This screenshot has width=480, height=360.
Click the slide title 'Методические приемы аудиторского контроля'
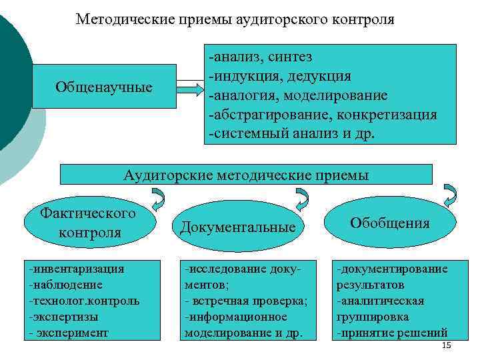pyautogui.click(x=235, y=19)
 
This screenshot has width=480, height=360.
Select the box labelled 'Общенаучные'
pyautogui.click(x=103, y=87)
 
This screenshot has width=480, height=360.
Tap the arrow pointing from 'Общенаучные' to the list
pyautogui.click(x=189, y=87)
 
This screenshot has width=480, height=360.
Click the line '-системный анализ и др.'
pyautogui.click(x=293, y=133)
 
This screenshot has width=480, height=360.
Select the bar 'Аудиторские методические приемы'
pyautogui.click(x=246, y=175)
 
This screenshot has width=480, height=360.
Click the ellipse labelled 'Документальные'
pyautogui.click(x=238, y=227)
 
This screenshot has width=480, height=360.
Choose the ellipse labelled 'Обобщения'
pyautogui.click(x=390, y=222)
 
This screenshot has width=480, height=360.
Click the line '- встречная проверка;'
pyautogui.click(x=245, y=301)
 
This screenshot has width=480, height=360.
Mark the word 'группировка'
pyautogui.click(x=371, y=317)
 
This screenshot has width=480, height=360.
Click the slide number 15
pyautogui.click(x=447, y=345)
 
